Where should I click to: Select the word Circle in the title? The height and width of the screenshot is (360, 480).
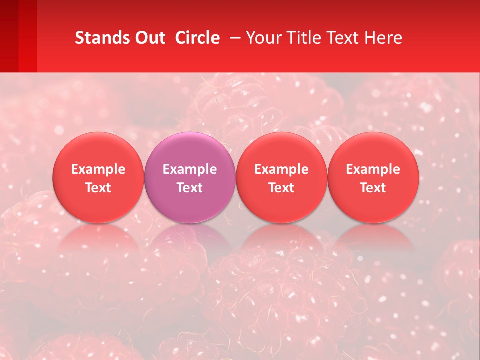197,38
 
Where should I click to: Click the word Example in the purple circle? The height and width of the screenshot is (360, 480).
190,169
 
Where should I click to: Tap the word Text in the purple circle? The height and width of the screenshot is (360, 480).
190,188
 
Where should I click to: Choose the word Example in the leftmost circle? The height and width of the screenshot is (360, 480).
98,169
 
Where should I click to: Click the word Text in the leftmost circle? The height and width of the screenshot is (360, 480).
98,188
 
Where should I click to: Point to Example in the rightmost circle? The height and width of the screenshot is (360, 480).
373,169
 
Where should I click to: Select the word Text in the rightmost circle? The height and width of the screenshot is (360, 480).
373,188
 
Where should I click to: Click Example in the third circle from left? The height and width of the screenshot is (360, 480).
281,169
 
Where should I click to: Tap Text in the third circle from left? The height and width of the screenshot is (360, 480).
281,188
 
